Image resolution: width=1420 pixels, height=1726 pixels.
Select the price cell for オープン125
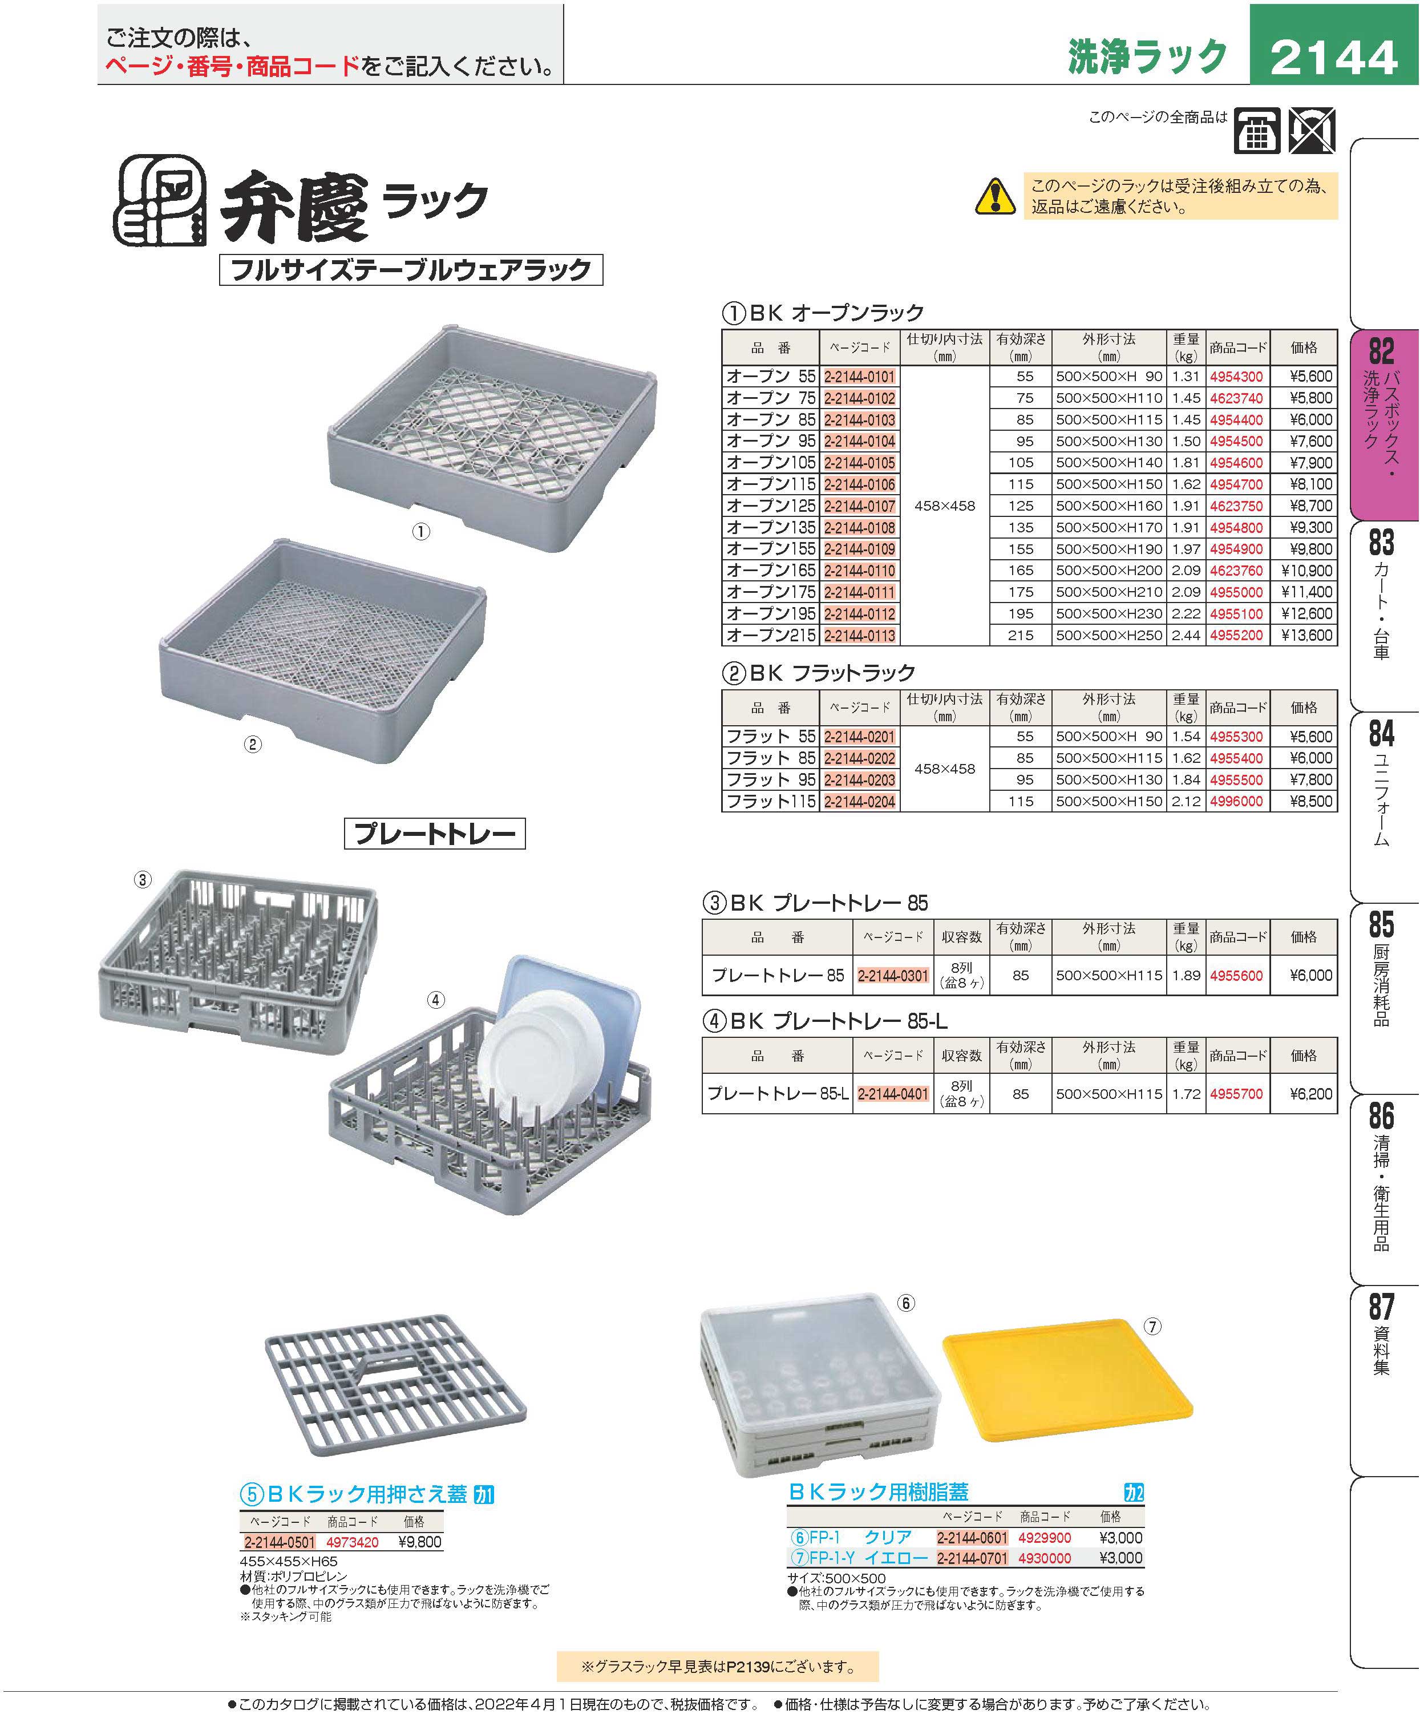[x=1304, y=506]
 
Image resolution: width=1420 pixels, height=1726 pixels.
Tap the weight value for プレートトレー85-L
[x=1186, y=1094]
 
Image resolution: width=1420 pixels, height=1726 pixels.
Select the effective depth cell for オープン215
[x=1020, y=635]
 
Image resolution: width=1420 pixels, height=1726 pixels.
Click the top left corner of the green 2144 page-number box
[x=1250, y=4]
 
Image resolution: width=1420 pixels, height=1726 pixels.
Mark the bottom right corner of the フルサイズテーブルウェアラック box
[x=603, y=285]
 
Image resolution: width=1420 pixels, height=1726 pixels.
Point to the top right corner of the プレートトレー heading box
[x=525, y=818]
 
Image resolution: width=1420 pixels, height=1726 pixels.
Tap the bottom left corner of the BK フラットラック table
[x=722, y=813]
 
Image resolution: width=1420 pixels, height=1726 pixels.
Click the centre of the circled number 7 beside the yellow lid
[x=1152, y=1327]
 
